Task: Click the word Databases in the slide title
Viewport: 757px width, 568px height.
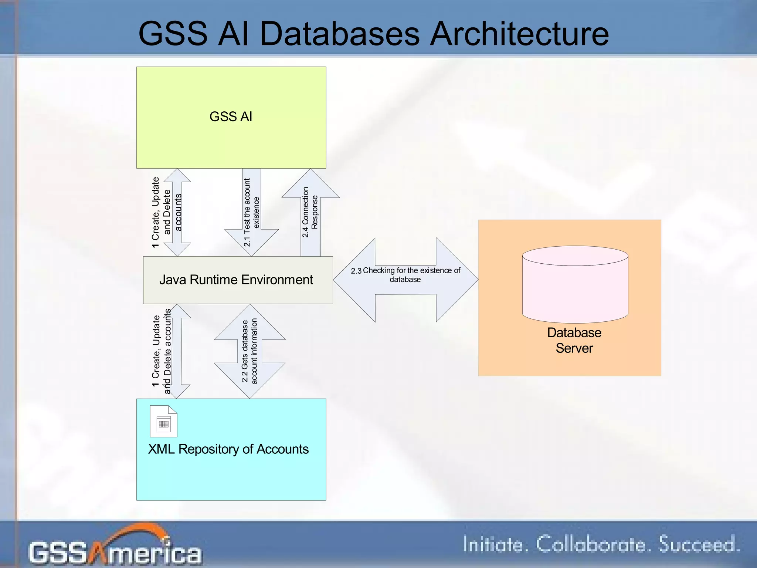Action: click(x=340, y=34)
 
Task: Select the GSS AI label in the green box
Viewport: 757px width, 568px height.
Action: click(x=231, y=117)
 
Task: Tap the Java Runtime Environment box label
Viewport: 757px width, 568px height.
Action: click(x=236, y=280)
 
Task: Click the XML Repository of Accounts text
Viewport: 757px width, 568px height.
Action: click(x=228, y=449)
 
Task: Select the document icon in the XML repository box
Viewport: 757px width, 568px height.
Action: click(x=163, y=421)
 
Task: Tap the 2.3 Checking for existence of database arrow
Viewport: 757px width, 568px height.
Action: click(x=405, y=280)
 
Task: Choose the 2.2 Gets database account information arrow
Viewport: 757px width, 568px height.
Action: click(x=249, y=351)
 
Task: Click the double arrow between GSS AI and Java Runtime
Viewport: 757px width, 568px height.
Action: click(x=177, y=213)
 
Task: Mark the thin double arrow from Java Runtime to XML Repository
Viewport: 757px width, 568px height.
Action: click(x=177, y=351)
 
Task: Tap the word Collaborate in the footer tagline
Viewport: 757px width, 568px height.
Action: click(x=591, y=545)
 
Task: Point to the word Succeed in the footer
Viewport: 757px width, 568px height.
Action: click(x=699, y=545)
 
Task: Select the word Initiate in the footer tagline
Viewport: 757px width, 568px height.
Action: click(x=493, y=545)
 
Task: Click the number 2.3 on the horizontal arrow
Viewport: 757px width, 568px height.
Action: click(x=356, y=271)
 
